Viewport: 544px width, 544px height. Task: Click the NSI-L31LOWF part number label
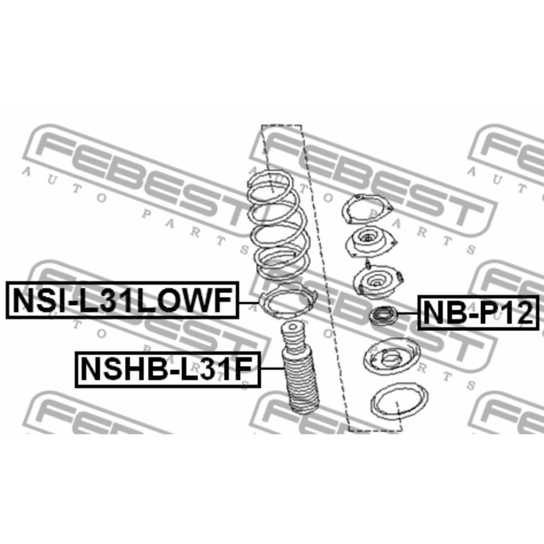coord(123,300)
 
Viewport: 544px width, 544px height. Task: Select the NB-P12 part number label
coord(478,312)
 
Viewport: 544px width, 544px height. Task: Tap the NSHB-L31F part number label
coord(168,369)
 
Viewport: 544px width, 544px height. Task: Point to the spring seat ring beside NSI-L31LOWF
coord(288,302)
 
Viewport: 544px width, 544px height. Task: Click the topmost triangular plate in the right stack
coord(366,210)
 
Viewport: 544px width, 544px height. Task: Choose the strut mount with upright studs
coord(378,281)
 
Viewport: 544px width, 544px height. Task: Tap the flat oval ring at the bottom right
coord(399,402)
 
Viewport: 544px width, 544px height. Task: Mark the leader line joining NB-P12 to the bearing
coord(407,313)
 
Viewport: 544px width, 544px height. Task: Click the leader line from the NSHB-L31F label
coord(272,368)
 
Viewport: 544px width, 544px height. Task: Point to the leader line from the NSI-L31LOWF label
coord(249,302)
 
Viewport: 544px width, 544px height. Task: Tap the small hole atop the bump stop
coord(293,326)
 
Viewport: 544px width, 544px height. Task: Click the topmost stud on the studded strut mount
coord(368,264)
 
